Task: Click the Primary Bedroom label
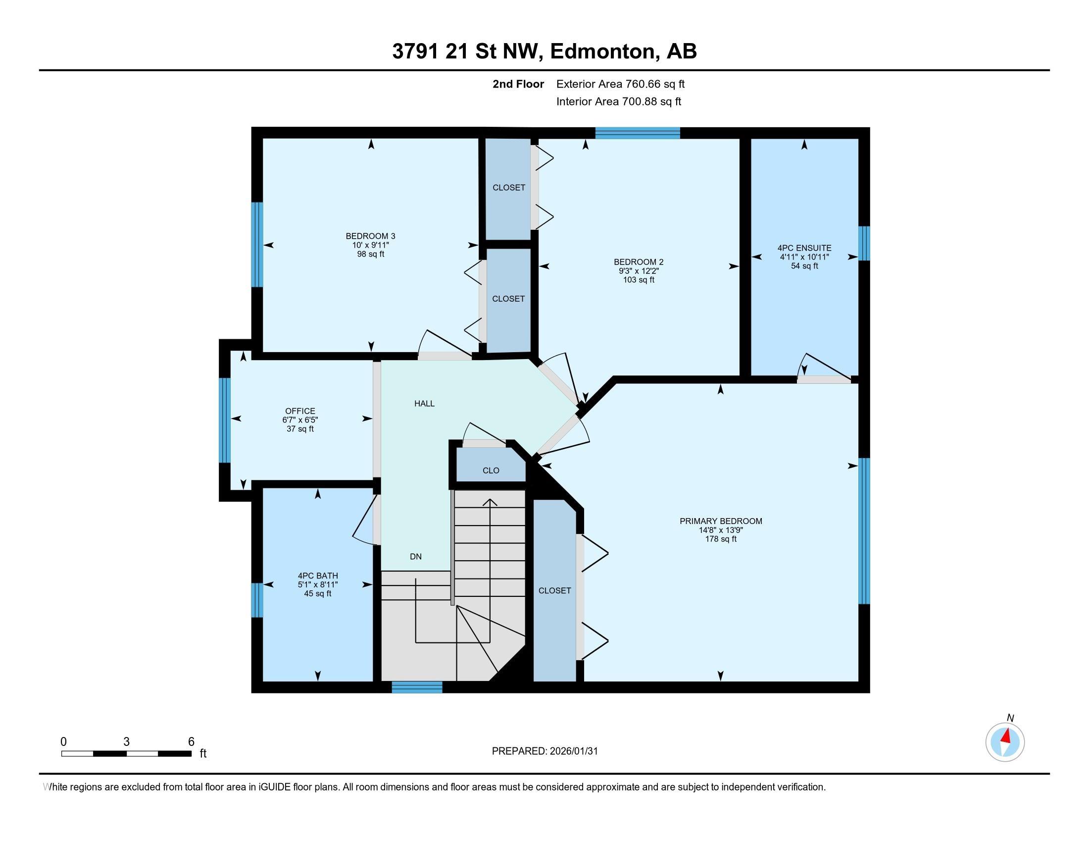721,521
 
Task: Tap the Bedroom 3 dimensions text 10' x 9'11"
370,245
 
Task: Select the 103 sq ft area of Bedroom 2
638,280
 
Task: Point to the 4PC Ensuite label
804,248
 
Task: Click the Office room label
300,411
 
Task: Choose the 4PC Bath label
318,576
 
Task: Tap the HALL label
424,404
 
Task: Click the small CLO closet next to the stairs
491,471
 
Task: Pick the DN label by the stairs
415,557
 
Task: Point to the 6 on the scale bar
191,742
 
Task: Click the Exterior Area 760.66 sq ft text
620,84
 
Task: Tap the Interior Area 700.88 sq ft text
618,101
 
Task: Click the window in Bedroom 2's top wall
637,133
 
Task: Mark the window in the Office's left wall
225,420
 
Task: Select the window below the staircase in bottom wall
417,687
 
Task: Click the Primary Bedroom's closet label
554,590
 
